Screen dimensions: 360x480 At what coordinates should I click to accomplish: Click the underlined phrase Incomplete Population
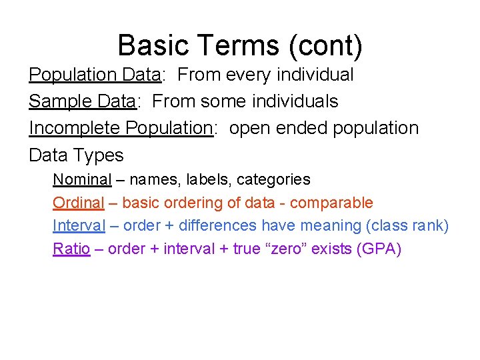pyautogui.click(x=120, y=128)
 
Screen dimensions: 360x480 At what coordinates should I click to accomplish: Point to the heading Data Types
pyautogui.click(x=76, y=155)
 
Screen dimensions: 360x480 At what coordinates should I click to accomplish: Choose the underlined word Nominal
pyautogui.click(x=82, y=179)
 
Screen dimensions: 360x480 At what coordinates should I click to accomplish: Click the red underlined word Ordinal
pyautogui.click(x=79, y=203)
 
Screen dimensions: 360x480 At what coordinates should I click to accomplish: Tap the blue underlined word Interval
pyautogui.click(x=79, y=226)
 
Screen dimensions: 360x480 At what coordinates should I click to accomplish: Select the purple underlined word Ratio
pyautogui.click(x=71, y=249)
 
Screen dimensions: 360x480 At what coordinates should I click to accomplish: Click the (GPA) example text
pyautogui.click(x=379, y=249)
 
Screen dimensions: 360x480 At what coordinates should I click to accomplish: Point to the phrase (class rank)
pyautogui.click(x=407, y=226)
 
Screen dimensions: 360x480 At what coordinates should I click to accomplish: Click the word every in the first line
pyautogui.click(x=248, y=75)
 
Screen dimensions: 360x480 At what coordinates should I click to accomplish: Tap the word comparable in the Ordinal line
pyautogui.click(x=331, y=203)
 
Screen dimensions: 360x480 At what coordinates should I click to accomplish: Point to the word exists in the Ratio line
pyautogui.click(x=335, y=249)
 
